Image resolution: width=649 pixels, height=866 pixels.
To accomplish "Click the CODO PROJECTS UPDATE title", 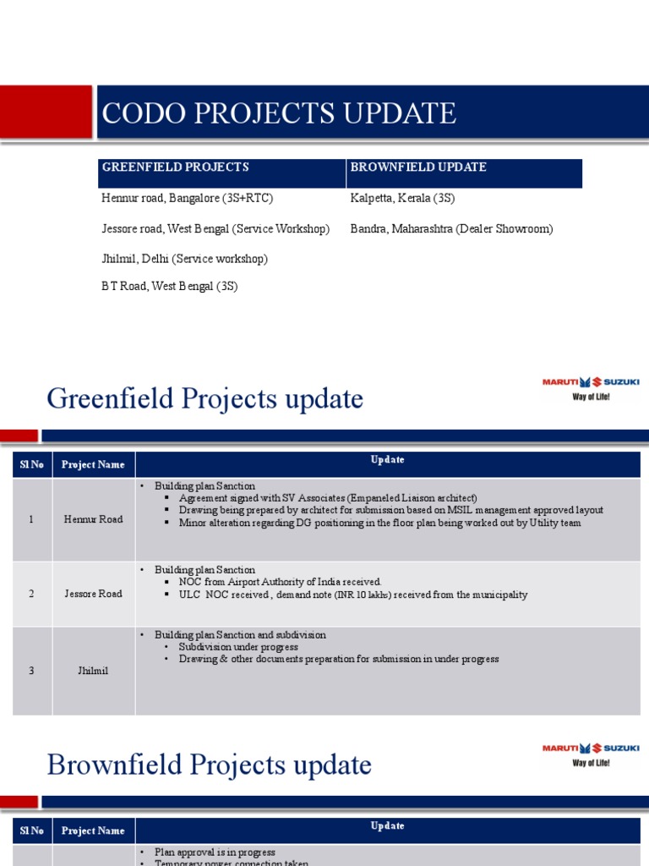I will (x=279, y=113).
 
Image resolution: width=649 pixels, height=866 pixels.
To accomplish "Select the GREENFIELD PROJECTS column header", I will (x=176, y=167).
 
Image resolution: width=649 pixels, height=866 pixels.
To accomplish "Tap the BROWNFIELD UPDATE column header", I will (x=418, y=167).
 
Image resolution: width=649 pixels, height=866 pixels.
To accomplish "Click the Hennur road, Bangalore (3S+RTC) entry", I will (x=188, y=199).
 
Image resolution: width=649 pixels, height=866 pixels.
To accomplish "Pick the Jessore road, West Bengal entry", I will (x=215, y=229).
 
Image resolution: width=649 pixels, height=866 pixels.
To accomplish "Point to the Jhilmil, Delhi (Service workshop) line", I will (x=185, y=259).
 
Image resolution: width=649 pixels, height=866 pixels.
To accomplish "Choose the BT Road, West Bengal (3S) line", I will (x=170, y=287).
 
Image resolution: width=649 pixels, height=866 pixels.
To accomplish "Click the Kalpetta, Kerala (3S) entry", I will (x=402, y=199).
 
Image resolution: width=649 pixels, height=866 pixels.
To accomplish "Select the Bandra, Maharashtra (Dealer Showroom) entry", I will (x=451, y=229).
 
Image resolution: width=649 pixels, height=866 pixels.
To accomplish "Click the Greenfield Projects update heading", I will (x=205, y=398).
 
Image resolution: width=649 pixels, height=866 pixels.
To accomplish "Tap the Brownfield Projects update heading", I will (x=210, y=765).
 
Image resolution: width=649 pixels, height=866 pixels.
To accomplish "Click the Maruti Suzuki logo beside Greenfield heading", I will (x=591, y=388).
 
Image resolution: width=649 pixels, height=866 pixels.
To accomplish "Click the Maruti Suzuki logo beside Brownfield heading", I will (x=591, y=754).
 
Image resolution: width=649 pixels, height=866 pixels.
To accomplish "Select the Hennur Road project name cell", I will (x=93, y=519).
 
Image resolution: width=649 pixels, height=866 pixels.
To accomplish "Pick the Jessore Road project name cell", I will (x=93, y=594).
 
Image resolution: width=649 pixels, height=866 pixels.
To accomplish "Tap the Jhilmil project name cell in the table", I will (x=93, y=671).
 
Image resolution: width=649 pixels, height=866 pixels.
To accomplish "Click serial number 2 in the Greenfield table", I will (x=31, y=594).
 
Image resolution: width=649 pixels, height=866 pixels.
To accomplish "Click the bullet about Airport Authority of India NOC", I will (x=280, y=582).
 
